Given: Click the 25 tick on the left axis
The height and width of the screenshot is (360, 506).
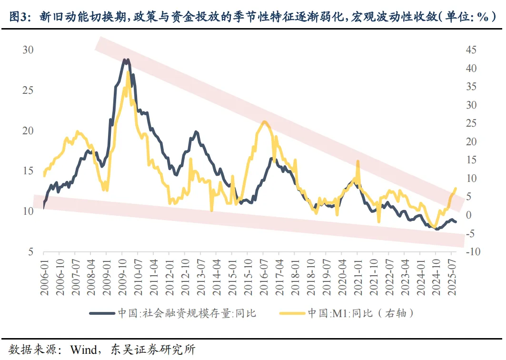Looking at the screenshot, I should pos(28,90).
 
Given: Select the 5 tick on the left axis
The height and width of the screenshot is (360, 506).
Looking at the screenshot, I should pos(31,252).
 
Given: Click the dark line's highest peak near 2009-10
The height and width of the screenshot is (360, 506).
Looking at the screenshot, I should pos(125,60).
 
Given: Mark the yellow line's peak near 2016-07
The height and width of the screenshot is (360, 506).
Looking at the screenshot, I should pos(264,122).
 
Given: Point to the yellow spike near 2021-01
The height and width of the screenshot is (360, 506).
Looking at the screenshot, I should pos(357,161).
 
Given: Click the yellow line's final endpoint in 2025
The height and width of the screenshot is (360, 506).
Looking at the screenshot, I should pos(456,189).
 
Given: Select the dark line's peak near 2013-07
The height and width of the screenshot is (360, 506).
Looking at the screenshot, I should pos(196,131).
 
